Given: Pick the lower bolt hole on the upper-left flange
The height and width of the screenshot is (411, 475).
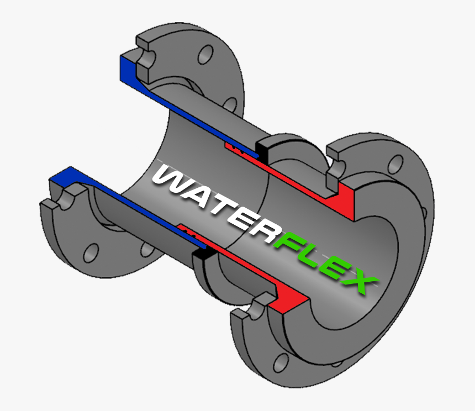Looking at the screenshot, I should (230, 105).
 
